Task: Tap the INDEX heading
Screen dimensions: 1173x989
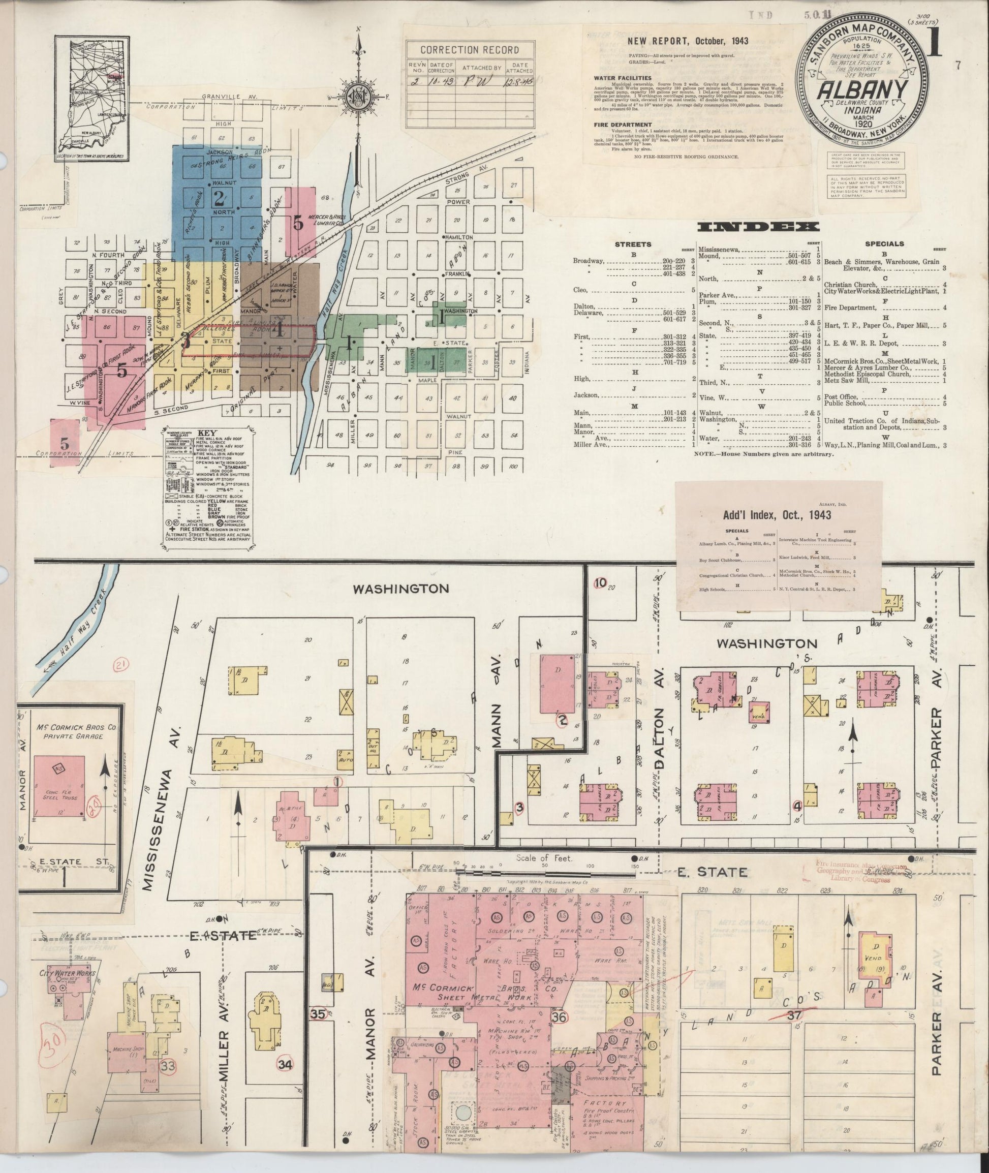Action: (757, 227)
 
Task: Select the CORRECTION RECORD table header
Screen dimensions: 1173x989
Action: (469, 50)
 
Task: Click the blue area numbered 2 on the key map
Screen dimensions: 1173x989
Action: (219, 196)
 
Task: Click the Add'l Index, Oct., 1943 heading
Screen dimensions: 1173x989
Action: (777, 514)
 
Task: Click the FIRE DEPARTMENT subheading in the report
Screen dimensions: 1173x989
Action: (624, 125)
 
